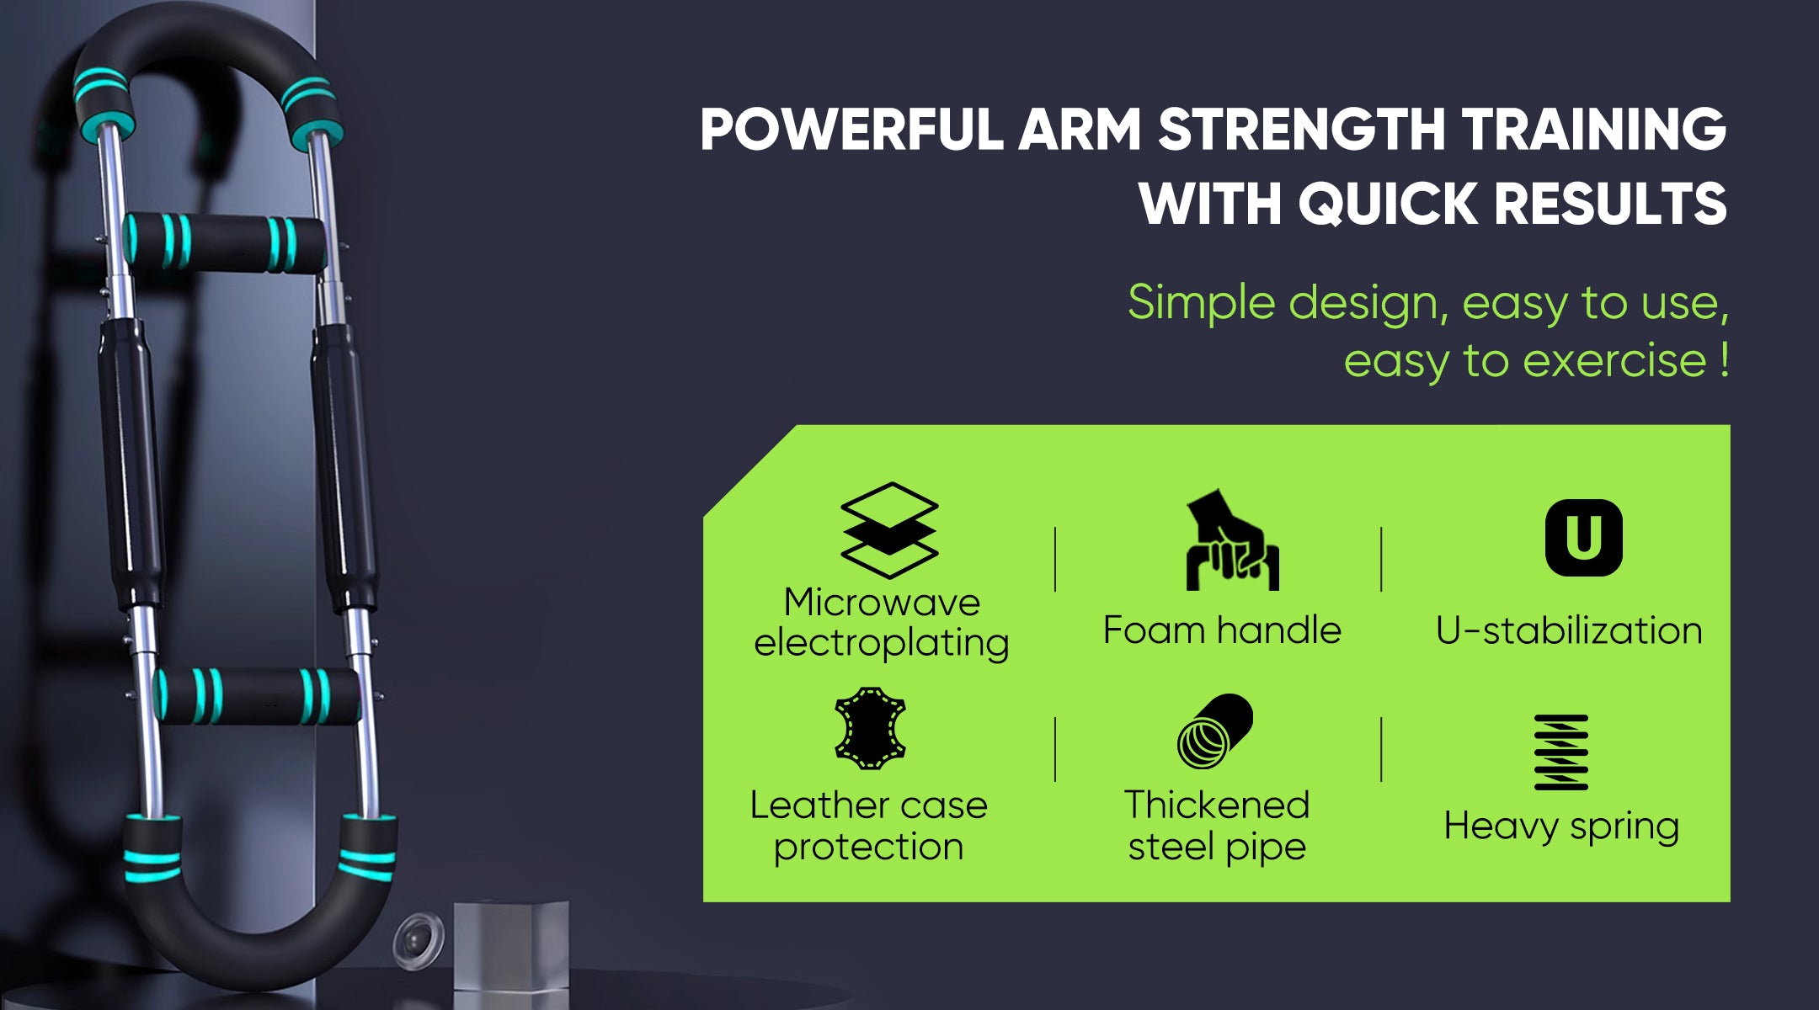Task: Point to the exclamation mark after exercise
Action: [x=1724, y=359]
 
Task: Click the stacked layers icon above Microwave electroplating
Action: [x=889, y=529]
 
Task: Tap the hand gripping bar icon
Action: [x=1231, y=540]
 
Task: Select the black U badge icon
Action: [x=1583, y=537]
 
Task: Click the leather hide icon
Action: [x=869, y=728]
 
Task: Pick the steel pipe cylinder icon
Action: [x=1214, y=731]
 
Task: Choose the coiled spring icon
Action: [x=1560, y=752]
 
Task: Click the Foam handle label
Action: [x=1222, y=630]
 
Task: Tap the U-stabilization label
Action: [x=1568, y=630]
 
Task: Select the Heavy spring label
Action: [x=1561, y=827]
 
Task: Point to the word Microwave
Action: [x=882, y=602]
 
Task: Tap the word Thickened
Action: [x=1217, y=805]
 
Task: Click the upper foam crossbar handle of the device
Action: [x=224, y=243]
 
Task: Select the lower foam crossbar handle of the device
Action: [x=257, y=696]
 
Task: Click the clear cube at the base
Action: [x=510, y=955]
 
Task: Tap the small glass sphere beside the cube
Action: [x=419, y=938]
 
